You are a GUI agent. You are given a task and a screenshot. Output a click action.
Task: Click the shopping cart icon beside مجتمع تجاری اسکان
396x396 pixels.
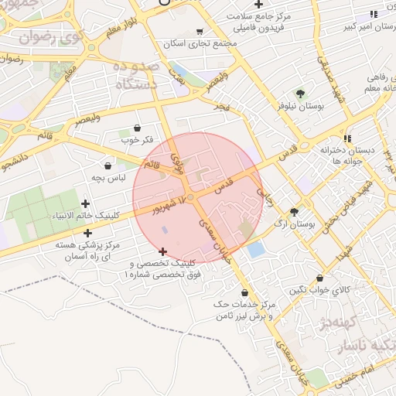[200, 32]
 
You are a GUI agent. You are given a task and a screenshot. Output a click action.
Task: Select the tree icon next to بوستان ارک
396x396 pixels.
[294, 212]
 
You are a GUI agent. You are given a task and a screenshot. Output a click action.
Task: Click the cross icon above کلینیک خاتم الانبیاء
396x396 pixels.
[85, 203]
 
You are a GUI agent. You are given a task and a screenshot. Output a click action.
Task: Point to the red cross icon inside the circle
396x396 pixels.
[162, 251]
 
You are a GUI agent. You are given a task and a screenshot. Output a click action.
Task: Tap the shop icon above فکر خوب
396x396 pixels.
[138, 128]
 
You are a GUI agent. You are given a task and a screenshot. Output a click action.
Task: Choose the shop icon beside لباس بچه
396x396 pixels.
[108, 166]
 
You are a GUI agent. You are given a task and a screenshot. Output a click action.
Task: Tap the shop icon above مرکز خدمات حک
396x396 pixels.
[245, 292]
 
